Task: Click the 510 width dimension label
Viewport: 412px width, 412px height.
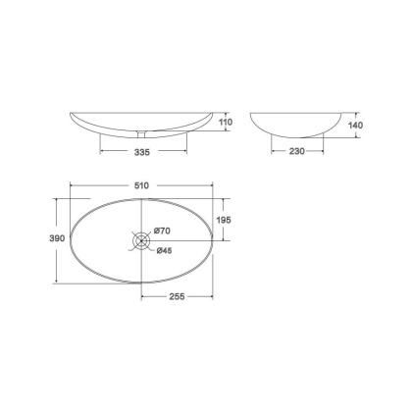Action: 141,185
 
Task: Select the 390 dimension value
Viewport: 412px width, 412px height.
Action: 57,238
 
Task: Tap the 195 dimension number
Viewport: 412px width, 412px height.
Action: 224,220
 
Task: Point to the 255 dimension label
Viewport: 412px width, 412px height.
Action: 177,296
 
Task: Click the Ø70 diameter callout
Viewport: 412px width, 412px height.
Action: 162,231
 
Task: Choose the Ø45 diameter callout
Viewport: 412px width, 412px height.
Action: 164,250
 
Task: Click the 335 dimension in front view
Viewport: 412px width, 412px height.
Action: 142,152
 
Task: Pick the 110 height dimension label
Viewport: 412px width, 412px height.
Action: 226,122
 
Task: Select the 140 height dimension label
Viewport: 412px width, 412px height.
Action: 355,125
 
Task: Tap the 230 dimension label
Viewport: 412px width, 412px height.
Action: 297,151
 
